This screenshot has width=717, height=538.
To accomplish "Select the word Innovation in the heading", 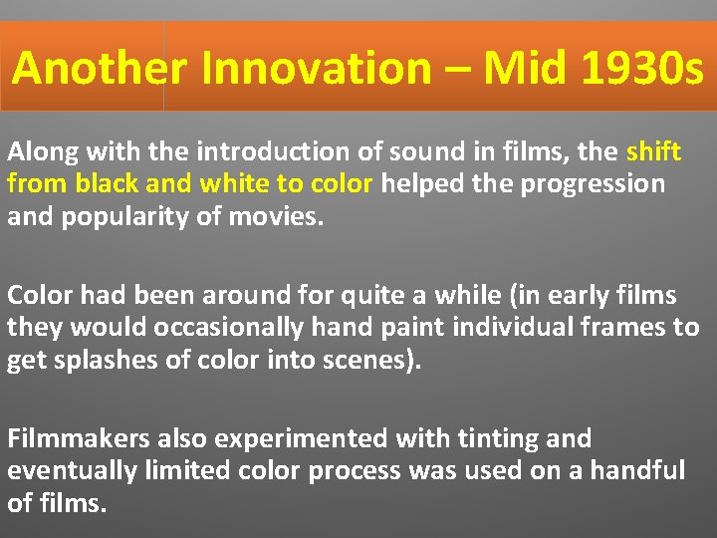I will (316, 69).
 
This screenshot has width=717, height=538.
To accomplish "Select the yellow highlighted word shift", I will (654, 152).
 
